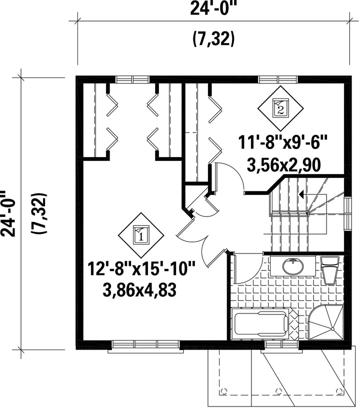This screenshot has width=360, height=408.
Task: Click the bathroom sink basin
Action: [x=293, y=266]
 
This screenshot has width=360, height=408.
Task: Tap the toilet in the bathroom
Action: [x=330, y=270]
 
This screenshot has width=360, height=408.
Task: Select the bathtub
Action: [x=261, y=323]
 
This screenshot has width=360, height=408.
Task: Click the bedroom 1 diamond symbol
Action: [x=141, y=235]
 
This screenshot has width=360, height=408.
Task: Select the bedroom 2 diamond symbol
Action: [x=280, y=108]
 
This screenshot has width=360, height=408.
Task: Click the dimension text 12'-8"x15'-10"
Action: [x=141, y=269]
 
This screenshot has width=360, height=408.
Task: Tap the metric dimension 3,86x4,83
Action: [x=139, y=290]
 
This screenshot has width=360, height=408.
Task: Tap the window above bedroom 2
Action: [x=278, y=79]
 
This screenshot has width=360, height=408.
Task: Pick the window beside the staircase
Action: [x=347, y=214]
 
